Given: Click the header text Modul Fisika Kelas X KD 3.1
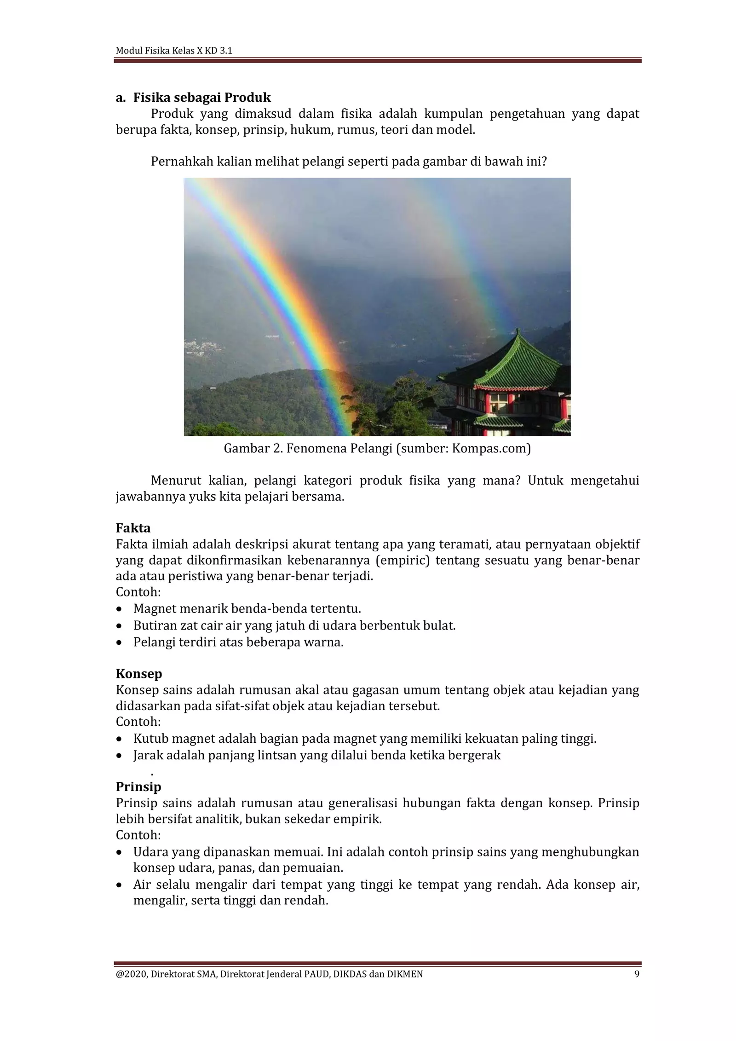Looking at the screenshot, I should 174,51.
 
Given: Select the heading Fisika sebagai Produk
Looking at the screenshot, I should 202,98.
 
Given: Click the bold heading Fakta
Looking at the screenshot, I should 133,527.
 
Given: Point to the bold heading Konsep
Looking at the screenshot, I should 139,674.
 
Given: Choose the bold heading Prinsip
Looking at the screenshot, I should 138,787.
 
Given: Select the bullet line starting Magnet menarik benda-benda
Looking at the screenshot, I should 247,608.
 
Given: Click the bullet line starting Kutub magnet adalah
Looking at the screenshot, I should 364,739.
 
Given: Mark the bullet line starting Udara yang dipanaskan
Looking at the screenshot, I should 385,852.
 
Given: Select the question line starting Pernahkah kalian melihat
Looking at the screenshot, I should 349,162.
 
